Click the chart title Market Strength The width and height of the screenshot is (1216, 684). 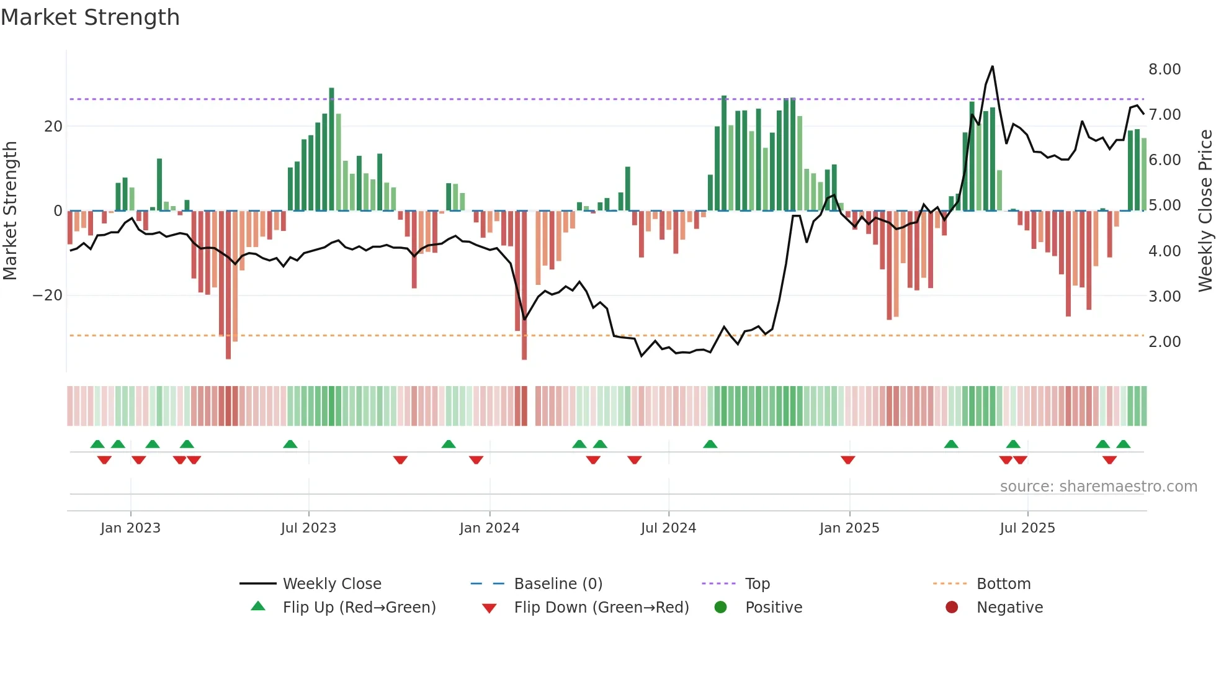click(90, 17)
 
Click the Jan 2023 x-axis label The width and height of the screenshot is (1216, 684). click(130, 528)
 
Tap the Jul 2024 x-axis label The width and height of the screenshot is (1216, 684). click(668, 528)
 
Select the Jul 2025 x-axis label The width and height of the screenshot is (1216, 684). click(1027, 528)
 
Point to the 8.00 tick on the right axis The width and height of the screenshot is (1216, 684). click(1165, 69)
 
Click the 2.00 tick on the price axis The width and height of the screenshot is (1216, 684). click(1165, 341)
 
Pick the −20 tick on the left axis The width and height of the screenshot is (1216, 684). click(48, 295)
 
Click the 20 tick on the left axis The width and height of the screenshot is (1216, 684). click(53, 127)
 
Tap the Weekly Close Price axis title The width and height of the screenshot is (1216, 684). click(1205, 210)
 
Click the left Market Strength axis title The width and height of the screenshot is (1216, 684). click(11, 210)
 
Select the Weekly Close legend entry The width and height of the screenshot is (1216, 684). click(332, 583)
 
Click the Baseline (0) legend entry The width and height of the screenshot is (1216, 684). click(558, 583)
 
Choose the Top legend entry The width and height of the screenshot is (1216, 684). click(757, 583)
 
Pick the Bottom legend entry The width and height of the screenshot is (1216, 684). click(1003, 583)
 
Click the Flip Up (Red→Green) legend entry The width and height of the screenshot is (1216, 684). click(359, 607)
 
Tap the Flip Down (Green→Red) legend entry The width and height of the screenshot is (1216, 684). click(601, 607)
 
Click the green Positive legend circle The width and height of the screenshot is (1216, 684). click(720, 607)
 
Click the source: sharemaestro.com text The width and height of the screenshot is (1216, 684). click(1098, 486)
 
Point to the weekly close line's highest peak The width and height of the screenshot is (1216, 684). click(993, 66)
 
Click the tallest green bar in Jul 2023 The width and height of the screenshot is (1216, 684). click(331, 149)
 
